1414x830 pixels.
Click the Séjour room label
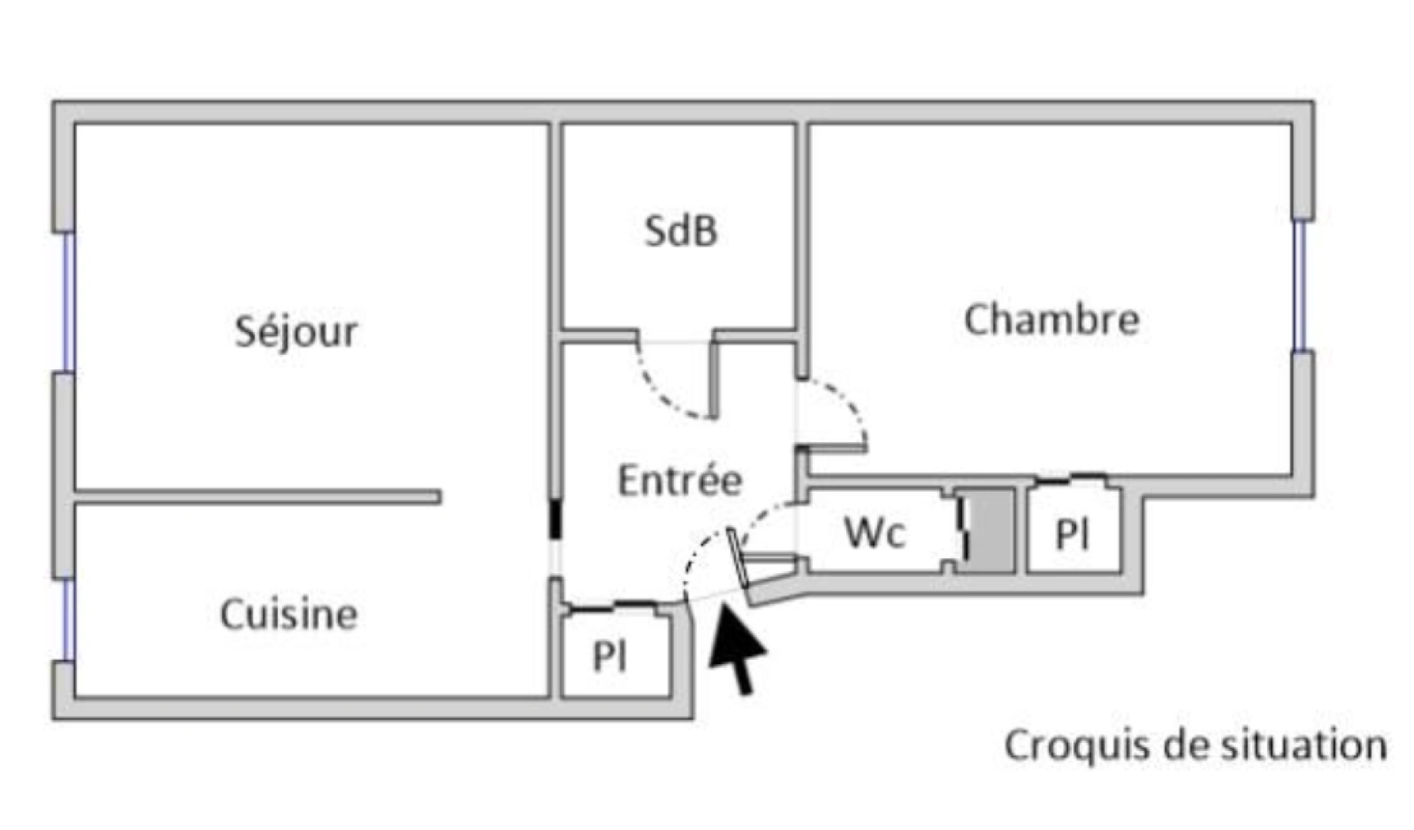point(296,332)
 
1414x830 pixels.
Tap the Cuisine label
point(289,615)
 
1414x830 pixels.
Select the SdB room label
point(681,231)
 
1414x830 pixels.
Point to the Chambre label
point(1051,320)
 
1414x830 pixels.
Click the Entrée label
point(680,480)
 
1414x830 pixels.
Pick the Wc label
point(875,532)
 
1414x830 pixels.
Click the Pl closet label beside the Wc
point(1073,534)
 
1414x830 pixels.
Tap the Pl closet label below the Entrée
point(610,656)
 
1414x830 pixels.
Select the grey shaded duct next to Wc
point(990,530)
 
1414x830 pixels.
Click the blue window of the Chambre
point(1299,286)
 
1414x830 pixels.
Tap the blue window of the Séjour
point(68,301)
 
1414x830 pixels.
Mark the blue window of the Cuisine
point(68,619)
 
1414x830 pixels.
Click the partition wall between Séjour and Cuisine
point(257,496)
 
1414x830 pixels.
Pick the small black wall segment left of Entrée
point(555,520)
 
